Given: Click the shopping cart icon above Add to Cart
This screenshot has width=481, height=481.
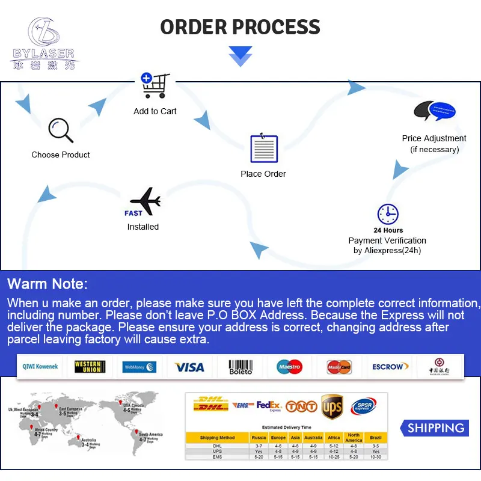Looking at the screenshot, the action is coord(155,86).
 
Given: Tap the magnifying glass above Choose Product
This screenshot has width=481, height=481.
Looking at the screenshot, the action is coord(60,129).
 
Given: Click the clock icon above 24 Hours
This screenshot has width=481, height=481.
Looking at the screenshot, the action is coord(388,214).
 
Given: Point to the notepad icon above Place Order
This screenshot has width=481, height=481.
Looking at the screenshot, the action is coord(264,148).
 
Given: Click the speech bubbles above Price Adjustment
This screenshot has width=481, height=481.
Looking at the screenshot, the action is coord(435,112).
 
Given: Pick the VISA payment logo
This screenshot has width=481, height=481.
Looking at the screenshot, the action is coord(189,367).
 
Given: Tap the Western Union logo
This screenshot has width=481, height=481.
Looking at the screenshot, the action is coord(89,367).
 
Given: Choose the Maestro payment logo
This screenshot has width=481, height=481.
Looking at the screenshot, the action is coord(289,367).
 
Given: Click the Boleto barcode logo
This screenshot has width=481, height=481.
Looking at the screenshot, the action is coord(240,367).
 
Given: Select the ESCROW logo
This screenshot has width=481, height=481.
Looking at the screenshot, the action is coord(390,367).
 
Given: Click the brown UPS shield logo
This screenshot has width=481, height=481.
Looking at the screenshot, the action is coord(332,407).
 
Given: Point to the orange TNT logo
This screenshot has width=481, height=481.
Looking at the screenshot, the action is coord(301,407).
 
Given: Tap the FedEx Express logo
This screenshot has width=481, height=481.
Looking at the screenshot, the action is coord(269,406).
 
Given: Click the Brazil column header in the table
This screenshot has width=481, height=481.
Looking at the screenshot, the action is coord(376,438).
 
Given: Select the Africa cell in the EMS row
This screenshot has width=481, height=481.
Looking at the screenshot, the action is coord(334,457).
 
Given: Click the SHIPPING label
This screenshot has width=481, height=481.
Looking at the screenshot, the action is coord(436,428).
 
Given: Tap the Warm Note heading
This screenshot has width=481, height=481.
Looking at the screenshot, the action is coord(47,284).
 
